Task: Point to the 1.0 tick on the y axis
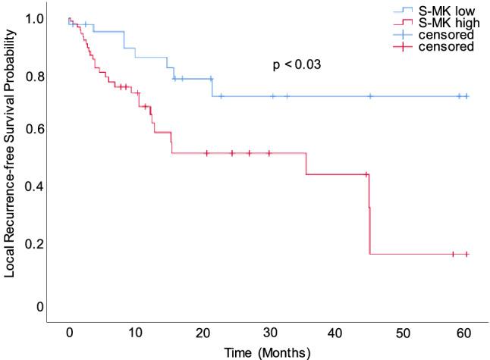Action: click(x=33, y=18)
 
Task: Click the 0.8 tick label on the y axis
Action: click(x=33, y=76)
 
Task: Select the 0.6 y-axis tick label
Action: click(x=33, y=130)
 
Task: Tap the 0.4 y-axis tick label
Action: click(x=33, y=186)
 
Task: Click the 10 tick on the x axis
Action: click(x=135, y=334)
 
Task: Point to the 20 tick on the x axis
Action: click(x=202, y=334)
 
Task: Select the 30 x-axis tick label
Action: click(x=269, y=334)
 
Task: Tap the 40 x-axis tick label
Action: click(x=335, y=334)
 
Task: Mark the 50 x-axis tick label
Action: click(x=401, y=334)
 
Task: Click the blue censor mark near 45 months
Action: click(x=370, y=96)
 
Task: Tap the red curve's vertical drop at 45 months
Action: click(x=369, y=220)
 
